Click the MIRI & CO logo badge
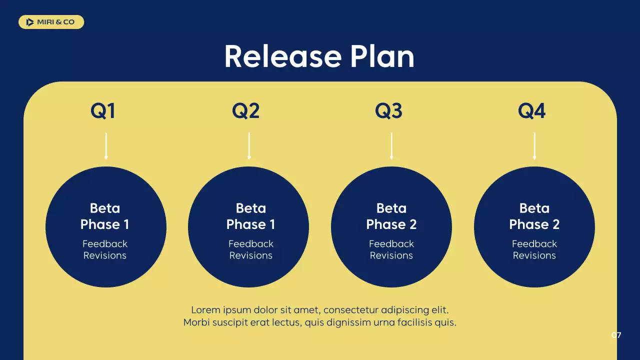(51, 22)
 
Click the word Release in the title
(282, 56)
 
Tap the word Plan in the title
(382, 56)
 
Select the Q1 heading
(103, 110)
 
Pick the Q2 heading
(246, 110)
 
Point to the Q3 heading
(388, 110)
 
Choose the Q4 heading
(531, 110)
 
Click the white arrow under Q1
(106, 146)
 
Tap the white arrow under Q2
(249, 146)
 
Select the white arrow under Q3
(391, 146)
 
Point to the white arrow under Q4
(534, 146)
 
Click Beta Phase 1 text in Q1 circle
(105, 216)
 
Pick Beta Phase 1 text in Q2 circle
(250, 216)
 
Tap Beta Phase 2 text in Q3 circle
(391, 216)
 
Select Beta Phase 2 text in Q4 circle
(534, 216)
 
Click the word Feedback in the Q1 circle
(105, 244)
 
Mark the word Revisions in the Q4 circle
(534, 255)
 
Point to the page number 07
(616, 335)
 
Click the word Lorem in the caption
(205, 310)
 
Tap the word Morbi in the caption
(197, 322)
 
